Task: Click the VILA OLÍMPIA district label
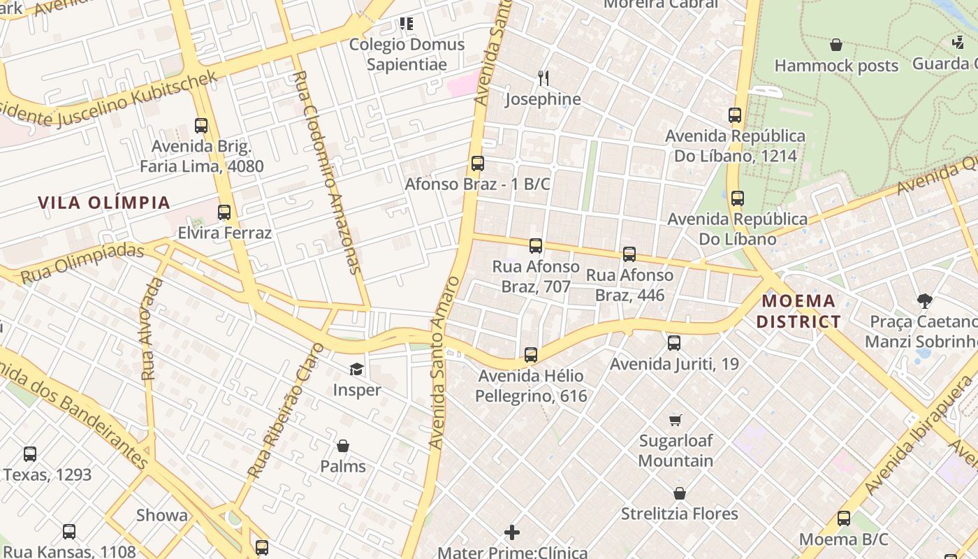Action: pos(104,203)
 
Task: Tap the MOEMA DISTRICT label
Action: pos(799,312)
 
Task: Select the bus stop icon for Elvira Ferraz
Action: pos(224,212)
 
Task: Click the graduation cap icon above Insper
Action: pos(357,369)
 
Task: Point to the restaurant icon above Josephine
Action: pos(543,78)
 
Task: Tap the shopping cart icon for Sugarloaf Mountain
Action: pos(675,420)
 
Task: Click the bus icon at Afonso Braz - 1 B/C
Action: pos(478,164)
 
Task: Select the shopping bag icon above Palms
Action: pos(343,446)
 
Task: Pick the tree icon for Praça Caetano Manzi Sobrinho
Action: pos(925,301)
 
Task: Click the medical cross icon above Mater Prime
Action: pos(512,532)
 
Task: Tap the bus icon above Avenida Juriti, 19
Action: pos(674,343)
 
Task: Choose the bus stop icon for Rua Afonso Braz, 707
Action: pos(536,246)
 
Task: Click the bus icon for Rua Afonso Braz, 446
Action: pos(629,254)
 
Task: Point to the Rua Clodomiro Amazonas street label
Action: pos(327,171)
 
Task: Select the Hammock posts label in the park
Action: pos(836,66)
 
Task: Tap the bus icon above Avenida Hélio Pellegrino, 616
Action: pos(531,355)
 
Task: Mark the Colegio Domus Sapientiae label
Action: pos(407,55)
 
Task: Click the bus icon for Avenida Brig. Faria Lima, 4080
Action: pos(201,126)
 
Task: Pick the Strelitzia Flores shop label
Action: pos(679,514)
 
